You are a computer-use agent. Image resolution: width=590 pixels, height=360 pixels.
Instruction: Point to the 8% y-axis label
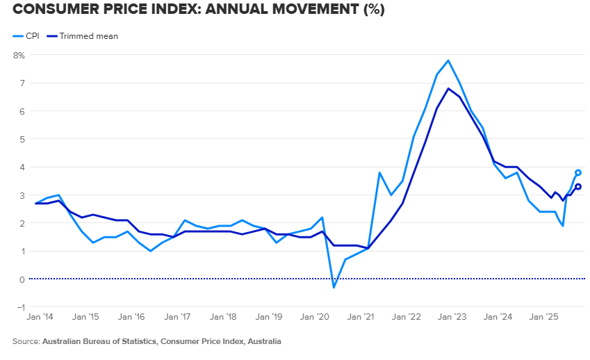point(19,54)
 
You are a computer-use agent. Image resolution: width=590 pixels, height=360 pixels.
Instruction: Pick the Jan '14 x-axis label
point(39,317)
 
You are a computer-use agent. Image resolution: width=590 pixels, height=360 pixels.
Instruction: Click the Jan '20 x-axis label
point(315,317)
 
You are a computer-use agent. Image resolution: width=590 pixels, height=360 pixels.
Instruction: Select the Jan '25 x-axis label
point(544,317)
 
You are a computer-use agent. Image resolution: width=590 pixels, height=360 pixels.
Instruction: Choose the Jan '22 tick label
point(407,317)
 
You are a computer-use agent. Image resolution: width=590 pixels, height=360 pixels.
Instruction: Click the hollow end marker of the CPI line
point(578,172)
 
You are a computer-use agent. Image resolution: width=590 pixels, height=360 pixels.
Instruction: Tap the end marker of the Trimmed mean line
point(578,186)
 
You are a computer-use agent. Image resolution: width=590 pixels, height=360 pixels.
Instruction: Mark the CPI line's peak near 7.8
point(448,60)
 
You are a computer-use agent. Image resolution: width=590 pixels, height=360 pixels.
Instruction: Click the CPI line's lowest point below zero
point(334,288)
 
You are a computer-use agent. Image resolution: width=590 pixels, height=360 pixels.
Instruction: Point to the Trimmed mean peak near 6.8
point(448,88)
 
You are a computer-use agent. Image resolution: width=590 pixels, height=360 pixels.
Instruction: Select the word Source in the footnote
point(26,342)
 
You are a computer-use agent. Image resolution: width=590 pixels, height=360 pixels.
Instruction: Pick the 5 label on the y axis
point(21,139)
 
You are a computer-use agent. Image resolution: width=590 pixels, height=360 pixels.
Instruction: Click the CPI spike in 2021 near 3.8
point(379,172)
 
